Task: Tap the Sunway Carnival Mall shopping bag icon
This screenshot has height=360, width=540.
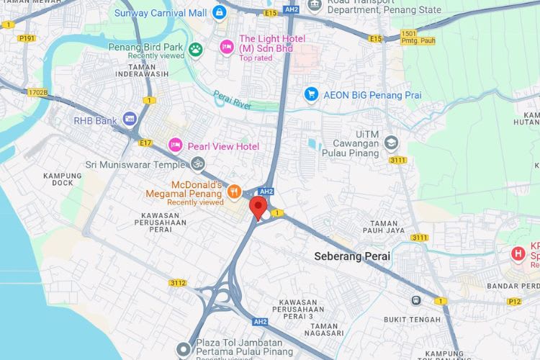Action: [220, 12]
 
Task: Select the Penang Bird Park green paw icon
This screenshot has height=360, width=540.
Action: [196, 49]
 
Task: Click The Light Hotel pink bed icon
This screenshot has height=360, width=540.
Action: [226, 47]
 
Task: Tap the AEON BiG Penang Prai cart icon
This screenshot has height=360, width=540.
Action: [311, 94]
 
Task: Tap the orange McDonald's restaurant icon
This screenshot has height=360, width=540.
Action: [234, 192]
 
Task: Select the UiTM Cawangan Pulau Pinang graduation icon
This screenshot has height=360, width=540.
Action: [391, 142]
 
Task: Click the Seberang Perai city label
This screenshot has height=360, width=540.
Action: [352, 256]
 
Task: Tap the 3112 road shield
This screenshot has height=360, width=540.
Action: [178, 283]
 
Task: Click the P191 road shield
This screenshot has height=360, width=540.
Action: [27, 37]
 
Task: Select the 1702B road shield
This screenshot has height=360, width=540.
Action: [37, 92]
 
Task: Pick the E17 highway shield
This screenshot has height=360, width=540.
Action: [146, 143]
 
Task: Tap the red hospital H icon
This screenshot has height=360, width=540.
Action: [517, 253]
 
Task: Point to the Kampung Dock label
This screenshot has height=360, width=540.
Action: [63, 179]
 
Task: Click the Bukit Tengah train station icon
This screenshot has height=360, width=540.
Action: [415, 300]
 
